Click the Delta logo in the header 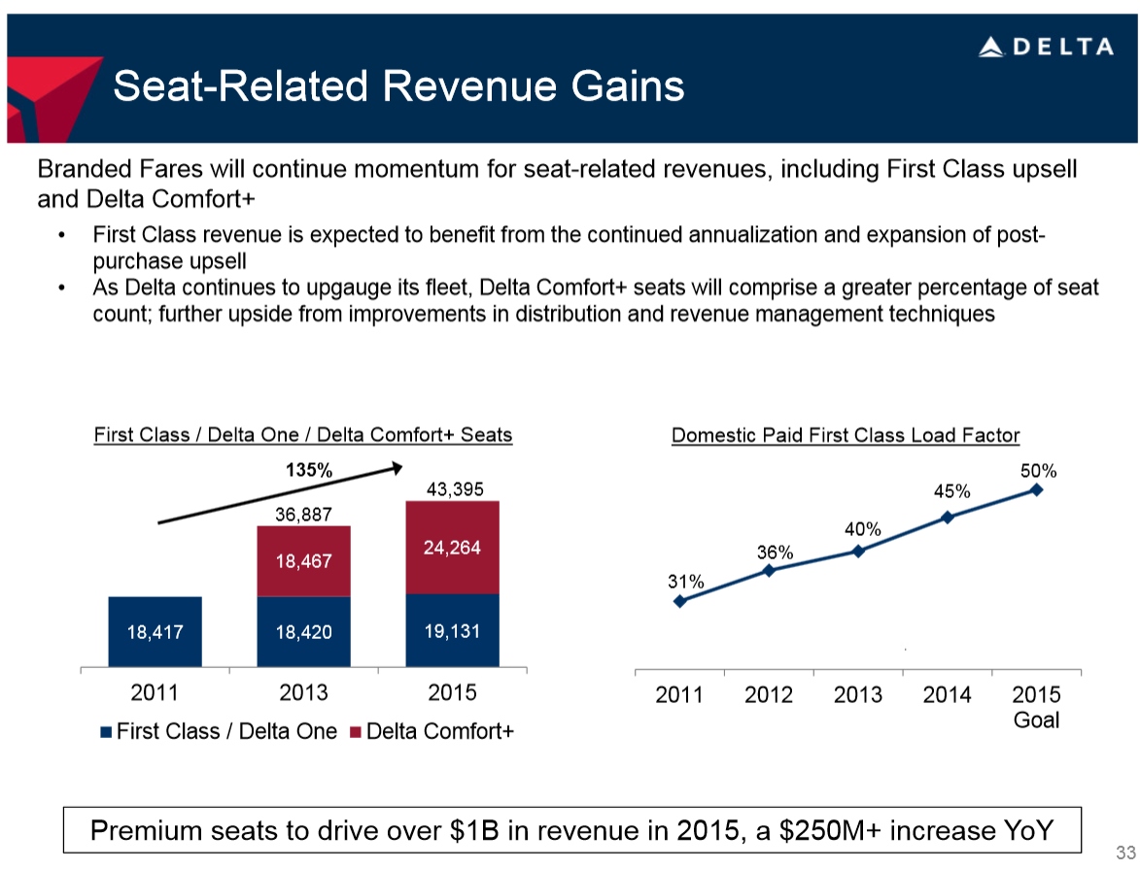point(1046,47)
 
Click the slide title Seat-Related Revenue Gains point(398,86)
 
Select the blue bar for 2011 point(155,631)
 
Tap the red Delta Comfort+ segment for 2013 point(303,560)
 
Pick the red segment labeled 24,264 point(452,547)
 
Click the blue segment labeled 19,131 point(452,630)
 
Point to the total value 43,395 point(452,487)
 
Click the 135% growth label point(308,471)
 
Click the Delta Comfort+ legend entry point(437,732)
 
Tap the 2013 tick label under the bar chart point(303,693)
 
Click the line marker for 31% point(679,601)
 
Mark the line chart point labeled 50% point(1037,489)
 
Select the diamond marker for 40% point(858,552)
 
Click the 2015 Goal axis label point(1037,707)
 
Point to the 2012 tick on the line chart point(769,695)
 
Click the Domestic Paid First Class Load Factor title point(846,435)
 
